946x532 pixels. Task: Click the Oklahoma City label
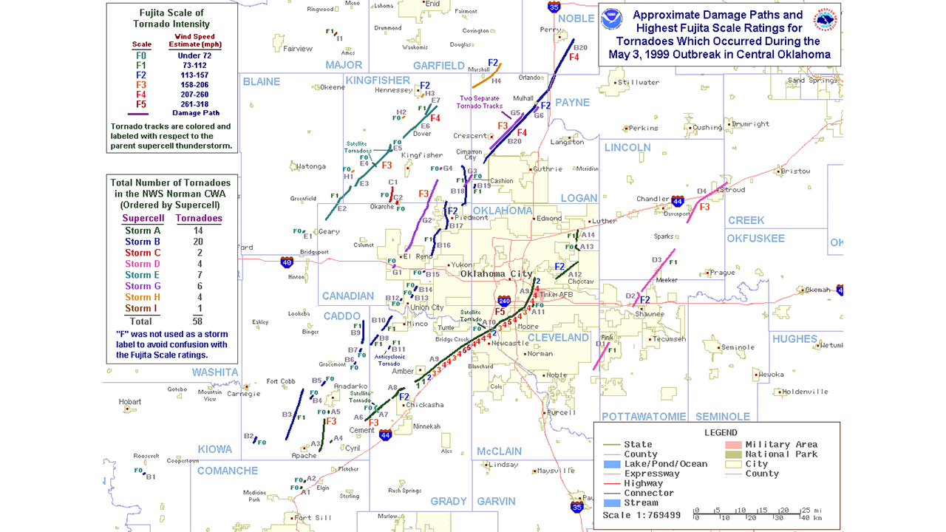[x=496, y=274]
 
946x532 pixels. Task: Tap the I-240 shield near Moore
[x=504, y=301]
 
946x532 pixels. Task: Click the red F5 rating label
[x=500, y=312]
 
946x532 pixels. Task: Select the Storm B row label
[x=143, y=242]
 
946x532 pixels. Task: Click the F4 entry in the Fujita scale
[x=141, y=94]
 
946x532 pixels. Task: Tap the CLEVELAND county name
[x=558, y=338]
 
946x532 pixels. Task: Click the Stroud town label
[x=732, y=190]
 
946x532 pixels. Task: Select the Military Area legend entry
[x=786, y=445]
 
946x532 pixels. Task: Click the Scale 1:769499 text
[x=642, y=515]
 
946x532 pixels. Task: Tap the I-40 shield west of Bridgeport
[x=287, y=262]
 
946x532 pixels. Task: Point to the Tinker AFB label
[x=556, y=295]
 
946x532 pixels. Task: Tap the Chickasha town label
[x=424, y=405]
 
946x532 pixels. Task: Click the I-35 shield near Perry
[x=554, y=6]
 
